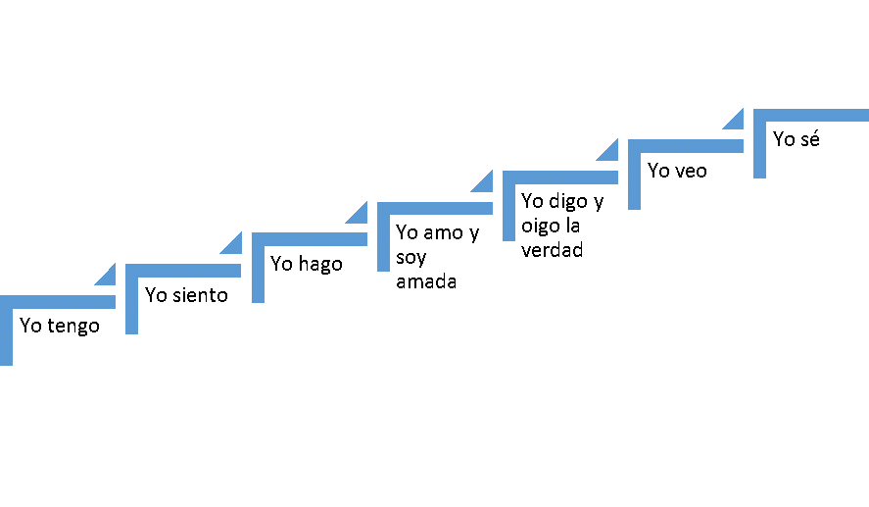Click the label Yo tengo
60,327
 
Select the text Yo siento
186,295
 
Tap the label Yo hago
307,264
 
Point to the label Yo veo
677,171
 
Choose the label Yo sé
796,139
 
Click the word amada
426,282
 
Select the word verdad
552,250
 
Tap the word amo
442,233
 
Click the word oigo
541,227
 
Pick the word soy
411,258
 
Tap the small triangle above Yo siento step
233,244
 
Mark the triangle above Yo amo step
484,182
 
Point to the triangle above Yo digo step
609,151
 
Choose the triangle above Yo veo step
735,120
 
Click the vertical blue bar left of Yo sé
759,148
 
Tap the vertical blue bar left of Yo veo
634,179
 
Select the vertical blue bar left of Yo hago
258,273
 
